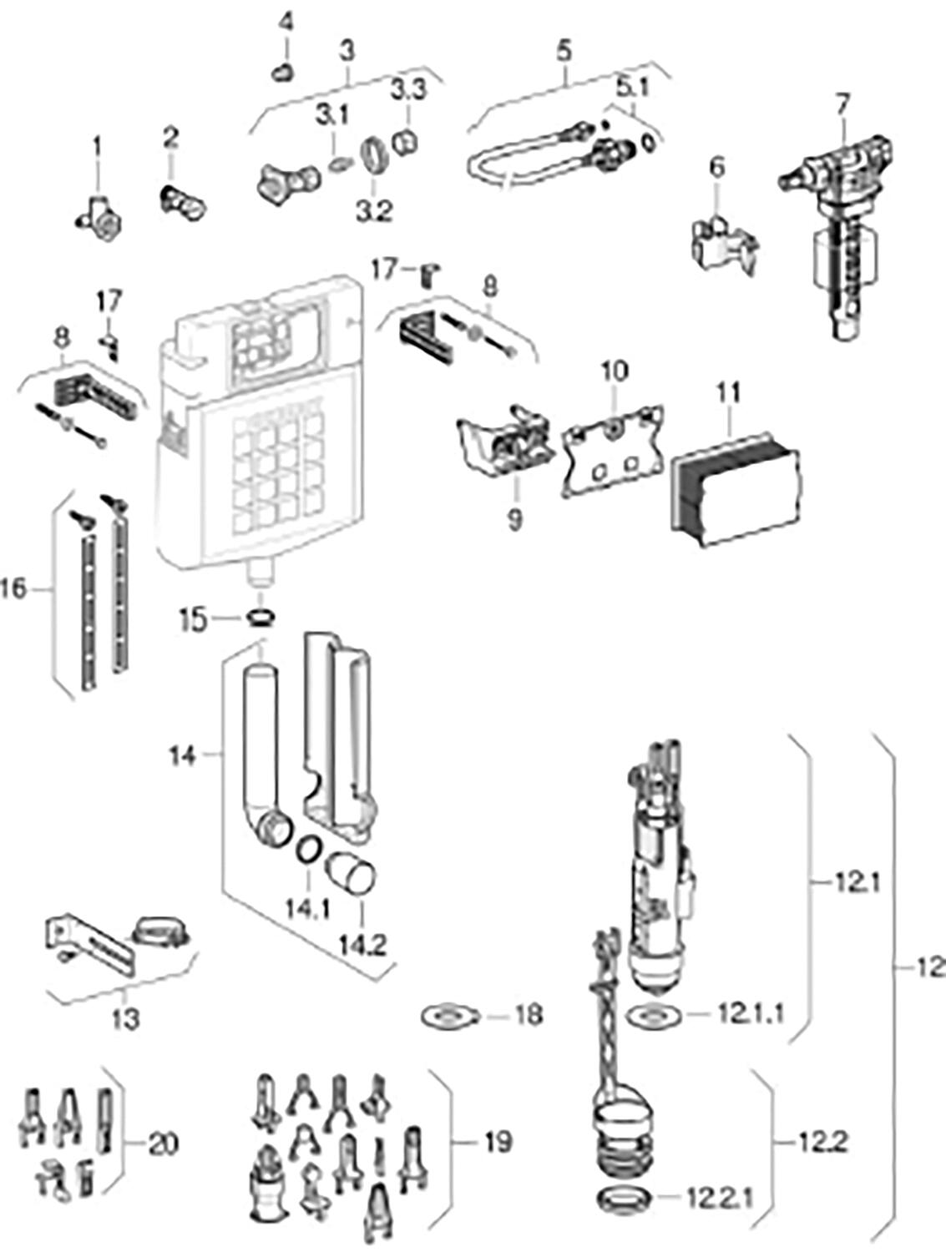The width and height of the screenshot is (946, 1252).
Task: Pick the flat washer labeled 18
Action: (x=449, y=1016)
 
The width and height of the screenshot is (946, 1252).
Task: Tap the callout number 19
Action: (x=498, y=1141)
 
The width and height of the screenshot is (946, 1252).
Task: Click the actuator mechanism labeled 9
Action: (x=503, y=441)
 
